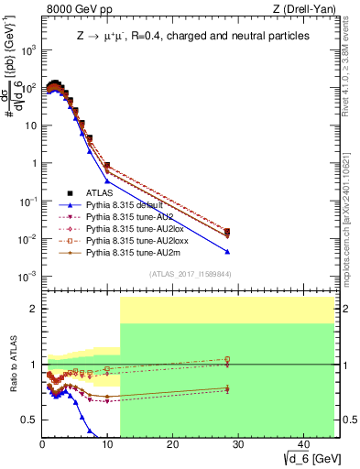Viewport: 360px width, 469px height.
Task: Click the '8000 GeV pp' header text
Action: point(74,10)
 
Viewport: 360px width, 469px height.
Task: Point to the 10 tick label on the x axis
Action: point(106,443)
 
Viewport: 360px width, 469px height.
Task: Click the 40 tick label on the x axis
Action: point(301,443)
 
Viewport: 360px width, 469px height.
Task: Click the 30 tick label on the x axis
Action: point(236,443)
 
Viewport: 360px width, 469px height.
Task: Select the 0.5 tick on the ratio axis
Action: point(30,420)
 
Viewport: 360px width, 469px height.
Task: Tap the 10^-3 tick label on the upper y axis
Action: point(27,277)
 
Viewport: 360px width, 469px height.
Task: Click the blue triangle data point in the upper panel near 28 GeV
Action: point(226,252)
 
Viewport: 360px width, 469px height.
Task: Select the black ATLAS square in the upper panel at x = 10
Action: point(107,166)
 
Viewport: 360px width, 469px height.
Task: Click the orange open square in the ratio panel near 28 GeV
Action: point(226,360)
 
